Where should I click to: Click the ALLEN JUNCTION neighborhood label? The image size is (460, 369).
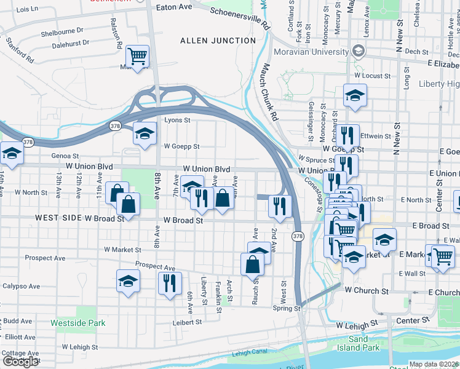coord(218,41)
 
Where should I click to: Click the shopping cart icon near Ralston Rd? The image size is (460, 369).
coord(138,57)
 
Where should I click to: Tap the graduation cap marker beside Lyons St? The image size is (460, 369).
coord(144,134)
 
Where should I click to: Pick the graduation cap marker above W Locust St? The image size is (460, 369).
coord(354,95)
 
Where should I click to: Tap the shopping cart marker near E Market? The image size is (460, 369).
coord(442,256)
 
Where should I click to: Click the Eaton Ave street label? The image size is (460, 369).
coord(175,7)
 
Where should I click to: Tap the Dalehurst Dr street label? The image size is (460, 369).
coord(71,44)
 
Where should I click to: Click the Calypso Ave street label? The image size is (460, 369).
coord(21,286)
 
